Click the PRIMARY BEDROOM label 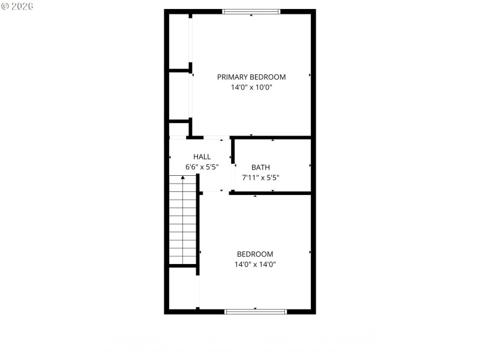(x=251, y=77)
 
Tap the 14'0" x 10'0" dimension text (x=251, y=87)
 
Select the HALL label (x=202, y=156)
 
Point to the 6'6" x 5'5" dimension (x=202, y=167)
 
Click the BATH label (x=260, y=167)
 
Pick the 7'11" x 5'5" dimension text (x=260, y=178)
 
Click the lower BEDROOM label (x=255, y=254)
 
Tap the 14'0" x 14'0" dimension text (x=255, y=264)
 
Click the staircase (x=183, y=220)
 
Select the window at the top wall (x=251, y=11)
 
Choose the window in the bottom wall (x=256, y=311)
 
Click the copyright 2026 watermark (x=17, y=6)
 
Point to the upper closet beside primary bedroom (x=179, y=41)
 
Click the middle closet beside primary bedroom (x=179, y=96)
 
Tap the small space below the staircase (x=183, y=288)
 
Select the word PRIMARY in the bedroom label (x=231, y=77)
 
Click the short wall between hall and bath (x=233, y=151)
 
